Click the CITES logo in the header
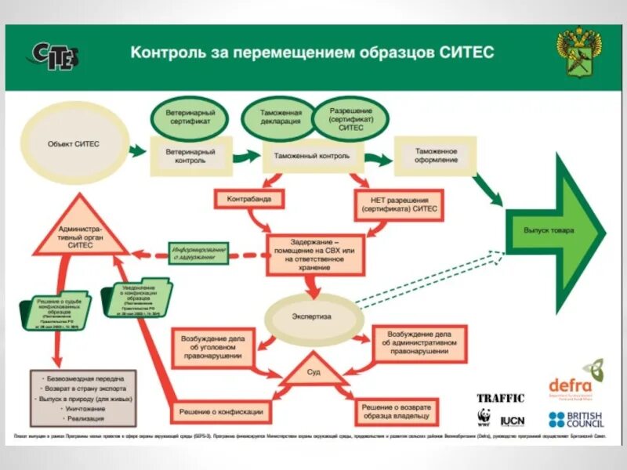(55, 55)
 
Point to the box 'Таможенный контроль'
(311, 156)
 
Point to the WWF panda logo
(484, 418)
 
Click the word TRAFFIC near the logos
(500, 399)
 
